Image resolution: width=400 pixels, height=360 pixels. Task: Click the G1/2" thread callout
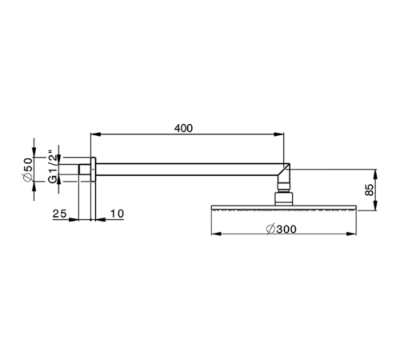point(52,167)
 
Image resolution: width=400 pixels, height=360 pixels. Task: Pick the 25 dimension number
point(58,214)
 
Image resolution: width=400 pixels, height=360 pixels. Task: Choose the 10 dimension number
point(116,214)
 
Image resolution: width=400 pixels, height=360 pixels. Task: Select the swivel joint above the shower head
point(282,194)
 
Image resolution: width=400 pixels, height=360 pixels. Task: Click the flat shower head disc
point(282,209)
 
